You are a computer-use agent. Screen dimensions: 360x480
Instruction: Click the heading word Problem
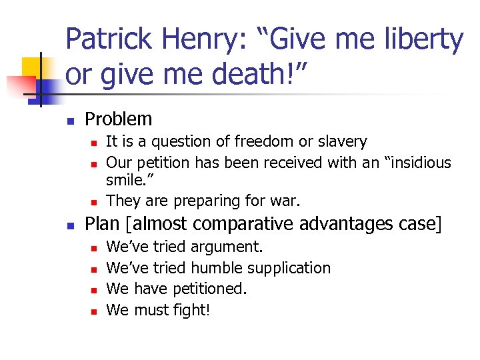tap(119, 119)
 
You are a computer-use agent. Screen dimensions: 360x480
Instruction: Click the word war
tap(287, 201)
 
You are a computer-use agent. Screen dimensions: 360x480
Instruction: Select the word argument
tap(227, 247)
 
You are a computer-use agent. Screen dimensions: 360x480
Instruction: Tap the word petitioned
tap(210, 289)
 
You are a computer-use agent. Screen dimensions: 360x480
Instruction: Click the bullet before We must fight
tap(94, 311)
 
